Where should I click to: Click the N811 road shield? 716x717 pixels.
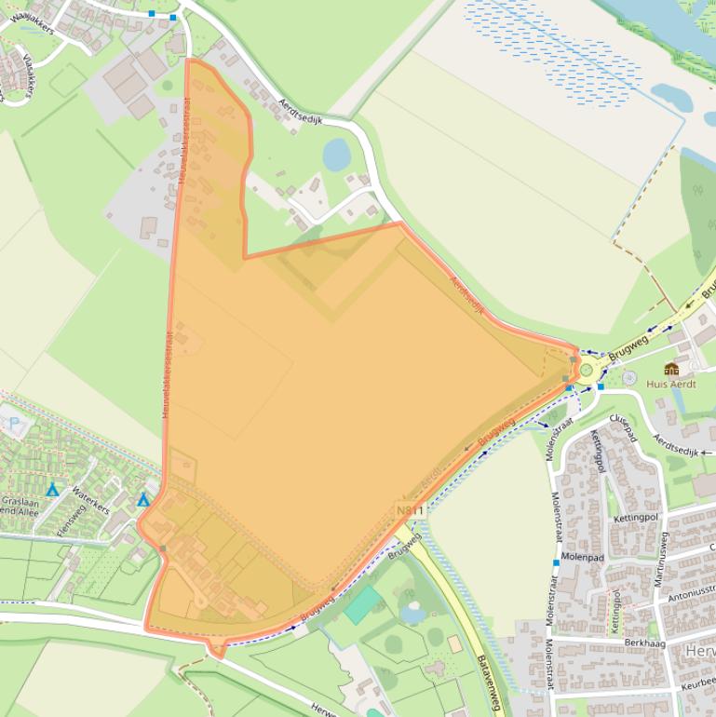(410, 511)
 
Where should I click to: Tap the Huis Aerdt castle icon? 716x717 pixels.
(671, 369)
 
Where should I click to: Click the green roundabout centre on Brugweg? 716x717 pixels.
(587, 370)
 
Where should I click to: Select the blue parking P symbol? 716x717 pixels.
(14, 422)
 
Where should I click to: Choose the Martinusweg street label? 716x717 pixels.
(661, 558)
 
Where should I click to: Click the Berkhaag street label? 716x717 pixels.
(644, 643)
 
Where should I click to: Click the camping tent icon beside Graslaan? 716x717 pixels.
(52, 489)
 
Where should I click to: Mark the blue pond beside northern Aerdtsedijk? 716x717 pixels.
(336, 155)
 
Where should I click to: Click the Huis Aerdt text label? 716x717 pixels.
(671, 384)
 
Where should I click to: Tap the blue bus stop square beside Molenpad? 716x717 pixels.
(556, 563)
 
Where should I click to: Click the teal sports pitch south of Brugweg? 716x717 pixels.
(362, 604)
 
